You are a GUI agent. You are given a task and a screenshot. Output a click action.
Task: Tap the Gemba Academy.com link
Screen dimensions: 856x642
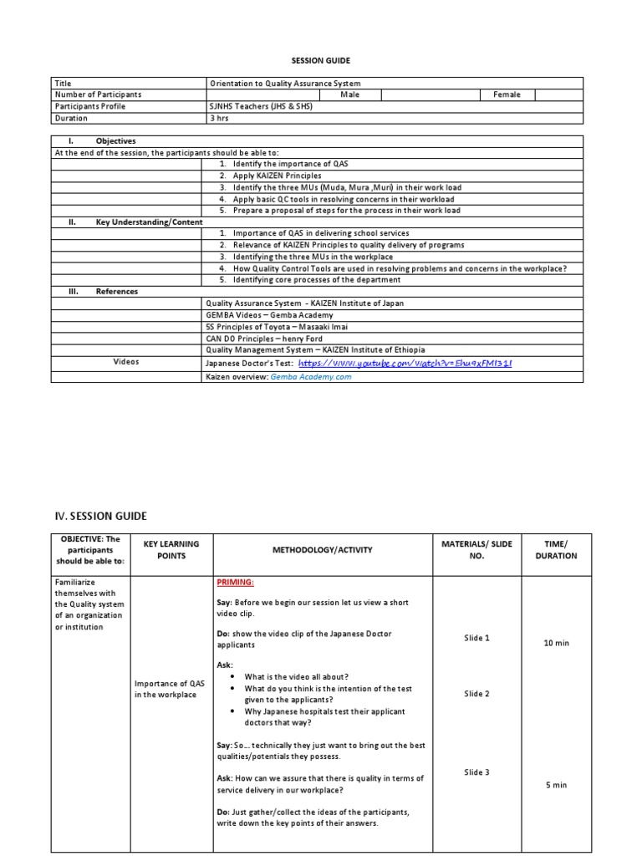click(x=311, y=377)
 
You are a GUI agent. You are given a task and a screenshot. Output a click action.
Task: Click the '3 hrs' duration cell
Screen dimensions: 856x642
click(x=219, y=119)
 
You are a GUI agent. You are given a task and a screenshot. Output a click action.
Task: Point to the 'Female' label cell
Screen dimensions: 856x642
click(x=506, y=95)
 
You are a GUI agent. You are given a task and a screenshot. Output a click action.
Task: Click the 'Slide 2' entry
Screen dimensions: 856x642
click(x=476, y=694)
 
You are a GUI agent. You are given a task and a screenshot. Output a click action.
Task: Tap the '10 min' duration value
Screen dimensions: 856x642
click(x=556, y=643)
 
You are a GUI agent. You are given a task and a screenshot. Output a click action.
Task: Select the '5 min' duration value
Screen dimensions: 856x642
click(x=556, y=785)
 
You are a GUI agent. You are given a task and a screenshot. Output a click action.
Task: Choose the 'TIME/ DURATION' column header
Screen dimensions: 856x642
click(x=556, y=550)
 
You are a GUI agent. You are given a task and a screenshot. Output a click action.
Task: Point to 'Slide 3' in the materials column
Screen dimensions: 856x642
click(x=476, y=772)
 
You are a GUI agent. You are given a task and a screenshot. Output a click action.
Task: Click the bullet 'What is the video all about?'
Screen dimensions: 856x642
click(x=297, y=676)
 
